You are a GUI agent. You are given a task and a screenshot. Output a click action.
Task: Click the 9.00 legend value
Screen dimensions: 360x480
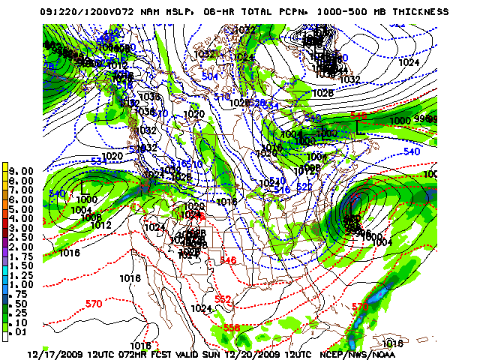pos(21,171)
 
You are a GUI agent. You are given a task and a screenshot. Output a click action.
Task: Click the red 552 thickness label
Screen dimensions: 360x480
pos(223,299)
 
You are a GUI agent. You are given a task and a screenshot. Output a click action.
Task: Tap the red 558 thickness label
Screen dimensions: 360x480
pos(232,328)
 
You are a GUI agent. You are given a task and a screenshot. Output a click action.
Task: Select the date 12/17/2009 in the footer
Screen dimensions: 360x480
pos(55,353)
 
